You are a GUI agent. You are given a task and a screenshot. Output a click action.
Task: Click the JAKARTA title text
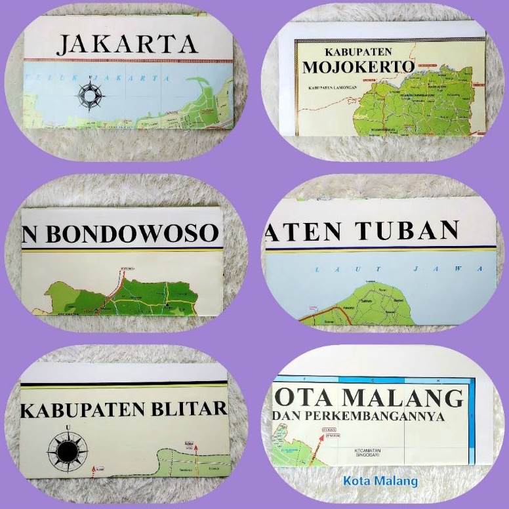coord(127,44)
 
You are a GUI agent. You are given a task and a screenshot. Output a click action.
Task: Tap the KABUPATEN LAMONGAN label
coord(332,87)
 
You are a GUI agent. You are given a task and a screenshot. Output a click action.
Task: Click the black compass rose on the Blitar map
coord(68,450)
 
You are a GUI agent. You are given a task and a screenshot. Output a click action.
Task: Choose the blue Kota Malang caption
coord(380,481)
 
